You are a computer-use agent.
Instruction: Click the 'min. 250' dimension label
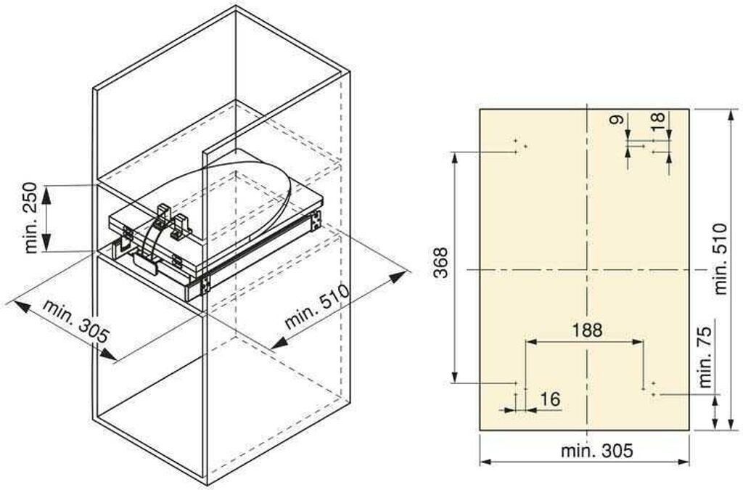pyautogui.click(x=30, y=218)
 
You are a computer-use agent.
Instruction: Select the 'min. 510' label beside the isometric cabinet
pyautogui.click(x=317, y=306)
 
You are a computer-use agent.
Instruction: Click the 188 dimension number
pyautogui.click(x=586, y=330)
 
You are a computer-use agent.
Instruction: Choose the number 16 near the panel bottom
pyautogui.click(x=550, y=399)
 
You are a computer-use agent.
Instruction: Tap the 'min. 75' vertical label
pyautogui.click(x=705, y=357)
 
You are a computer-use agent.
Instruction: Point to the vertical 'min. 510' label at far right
pyautogui.click(x=720, y=258)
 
